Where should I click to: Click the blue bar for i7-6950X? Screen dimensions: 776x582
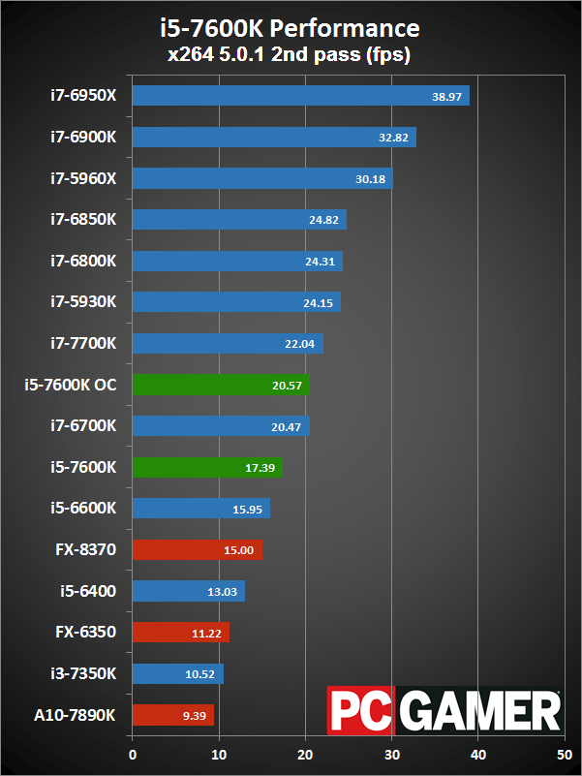[x=300, y=96]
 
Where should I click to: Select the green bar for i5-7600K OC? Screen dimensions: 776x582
[x=221, y=385]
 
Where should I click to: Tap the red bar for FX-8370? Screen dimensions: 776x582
[x=197, y=550]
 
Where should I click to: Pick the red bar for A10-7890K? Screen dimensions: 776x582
[x=172, y=715]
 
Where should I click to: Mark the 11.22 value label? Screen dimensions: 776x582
[x=208, y=634]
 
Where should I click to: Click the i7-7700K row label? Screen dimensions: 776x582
[x=83, y=343]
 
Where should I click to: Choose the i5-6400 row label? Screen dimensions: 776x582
[x=88, y=591]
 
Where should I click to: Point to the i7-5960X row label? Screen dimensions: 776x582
[x=83, y=178]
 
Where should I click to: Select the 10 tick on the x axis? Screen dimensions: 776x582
[x=219, y=751]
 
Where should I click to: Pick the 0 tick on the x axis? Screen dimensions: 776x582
[x=133, y=751]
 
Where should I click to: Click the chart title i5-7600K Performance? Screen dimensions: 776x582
[x=291, y=27]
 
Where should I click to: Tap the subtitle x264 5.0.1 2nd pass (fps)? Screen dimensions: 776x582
[x=291, y=55]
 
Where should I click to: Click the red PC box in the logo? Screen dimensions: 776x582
[x=360, y=712]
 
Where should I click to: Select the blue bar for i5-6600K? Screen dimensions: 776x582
[x=200, y=509]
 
